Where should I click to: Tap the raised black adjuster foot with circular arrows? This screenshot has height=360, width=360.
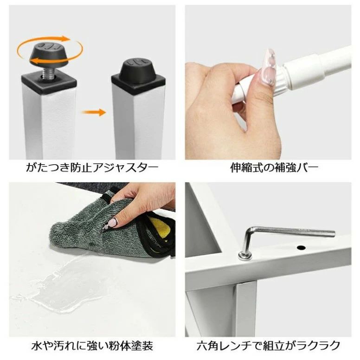49,53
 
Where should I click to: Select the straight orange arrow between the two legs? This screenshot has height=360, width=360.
94,112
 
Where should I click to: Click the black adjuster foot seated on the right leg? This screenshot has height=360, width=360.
139,68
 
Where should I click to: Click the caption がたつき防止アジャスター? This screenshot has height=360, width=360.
92,168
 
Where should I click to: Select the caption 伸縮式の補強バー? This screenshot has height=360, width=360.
275,168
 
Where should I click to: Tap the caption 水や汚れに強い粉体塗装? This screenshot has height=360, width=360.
92,346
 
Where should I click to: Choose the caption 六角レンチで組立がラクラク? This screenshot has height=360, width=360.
268,346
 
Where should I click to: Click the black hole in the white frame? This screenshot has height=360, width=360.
301,248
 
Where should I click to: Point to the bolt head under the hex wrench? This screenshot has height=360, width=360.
245,255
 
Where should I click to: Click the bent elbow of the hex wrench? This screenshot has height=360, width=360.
250,231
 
